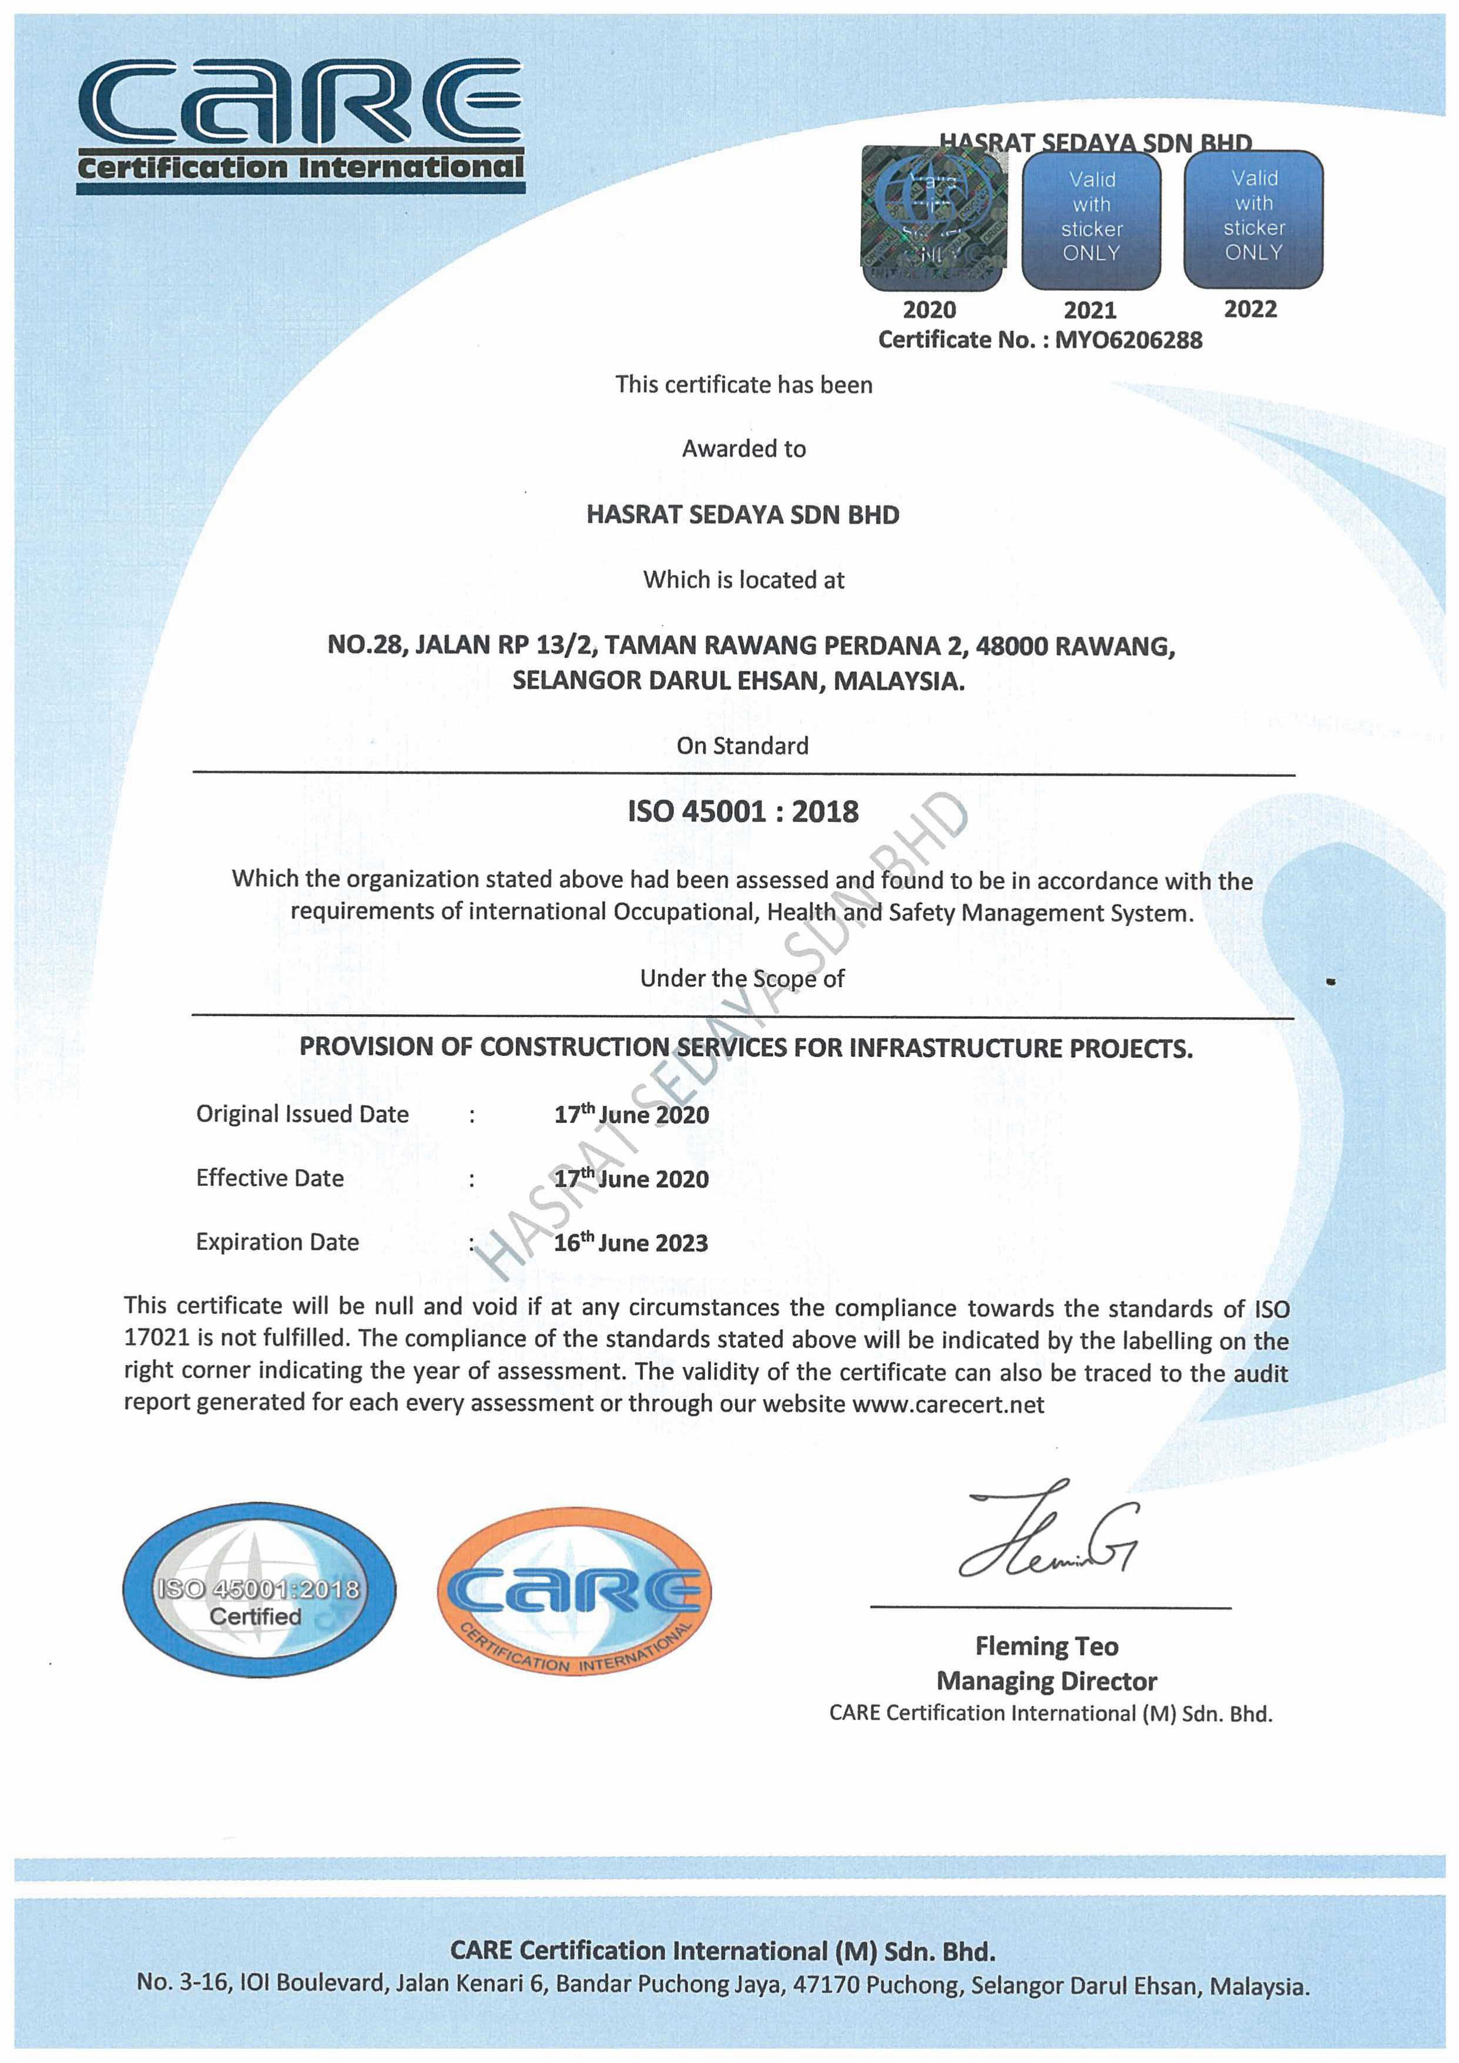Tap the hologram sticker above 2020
(934, 219)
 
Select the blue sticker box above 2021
(1092, 219)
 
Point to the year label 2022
(1250, 309)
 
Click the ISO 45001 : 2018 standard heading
(743, 811)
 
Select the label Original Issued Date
(302, 1114)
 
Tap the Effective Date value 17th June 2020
(632, 1179)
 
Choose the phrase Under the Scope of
(742, 978)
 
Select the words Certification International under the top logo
(300, 168)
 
